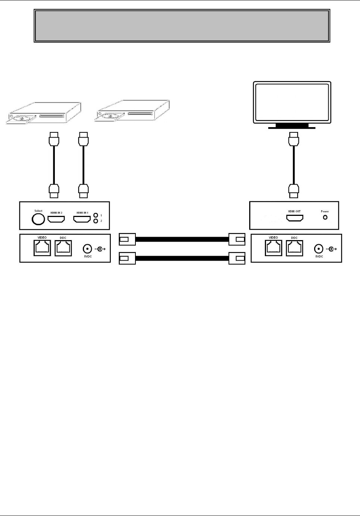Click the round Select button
click(38, 220)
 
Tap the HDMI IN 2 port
click(56, 219)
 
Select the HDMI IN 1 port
click(82, 219)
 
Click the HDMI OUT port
click(294, 218)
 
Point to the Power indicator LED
click(325, 217)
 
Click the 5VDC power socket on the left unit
click(87, 249)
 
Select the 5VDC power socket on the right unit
click(319, 249)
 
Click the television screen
click(292, 102)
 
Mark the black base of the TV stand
click(292, 126)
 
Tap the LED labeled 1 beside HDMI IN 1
click(96, 215)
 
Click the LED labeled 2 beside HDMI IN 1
click(96, 221)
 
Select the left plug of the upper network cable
click(127, 239)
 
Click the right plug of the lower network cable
click(237, 258)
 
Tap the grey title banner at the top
click(182, 26)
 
